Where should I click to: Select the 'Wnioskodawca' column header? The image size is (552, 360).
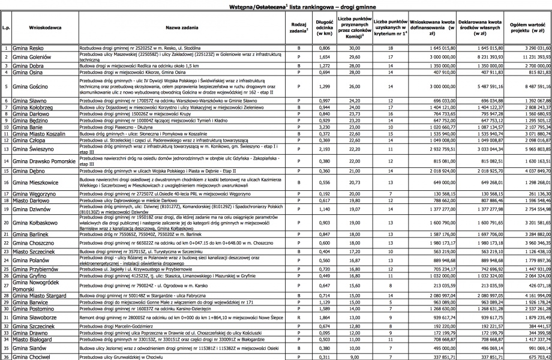42,27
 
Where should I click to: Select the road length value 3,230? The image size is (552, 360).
324,127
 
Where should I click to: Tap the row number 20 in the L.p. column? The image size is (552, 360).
5,223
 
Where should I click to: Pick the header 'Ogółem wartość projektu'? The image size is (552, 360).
529,27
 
